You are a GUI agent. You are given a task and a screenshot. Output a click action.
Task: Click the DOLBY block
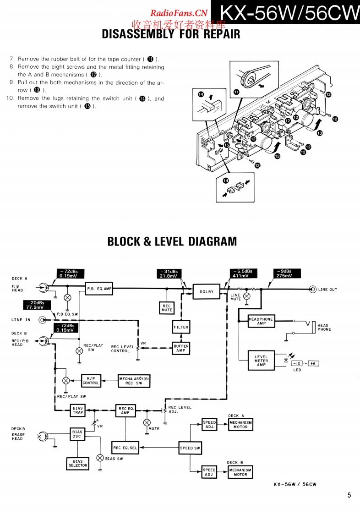pyautogui.click(x=207, y=292)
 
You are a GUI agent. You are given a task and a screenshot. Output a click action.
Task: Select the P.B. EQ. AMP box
pyautogui.click(x=99, y=289)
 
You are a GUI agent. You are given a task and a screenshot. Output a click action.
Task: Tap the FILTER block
pyautogui.click(x=181, y=327)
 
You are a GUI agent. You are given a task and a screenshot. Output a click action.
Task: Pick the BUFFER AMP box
pyautogui.click(x=181, y=348)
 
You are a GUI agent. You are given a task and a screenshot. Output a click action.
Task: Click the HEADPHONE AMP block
pyautogui.click(x=261, y=321)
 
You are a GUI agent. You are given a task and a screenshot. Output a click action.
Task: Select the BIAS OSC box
pyautogui.click(x=77, y=434)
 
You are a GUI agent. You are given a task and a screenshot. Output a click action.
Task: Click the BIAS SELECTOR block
pyautogui.click(x=77, y=464)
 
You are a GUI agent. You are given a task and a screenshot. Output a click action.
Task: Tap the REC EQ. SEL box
pyautogui.click(x=125, y=448)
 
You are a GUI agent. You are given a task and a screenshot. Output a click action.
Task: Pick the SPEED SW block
pyautogui.click(x=190, y=448)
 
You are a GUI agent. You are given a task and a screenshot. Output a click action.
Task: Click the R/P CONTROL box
pyautogui.click(x=91, y=381)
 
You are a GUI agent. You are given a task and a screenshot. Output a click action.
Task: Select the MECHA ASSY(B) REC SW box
pyautogui.click(x=134, y=381)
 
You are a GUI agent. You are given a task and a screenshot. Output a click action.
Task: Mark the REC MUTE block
pyautogui.click(x=167, y=308)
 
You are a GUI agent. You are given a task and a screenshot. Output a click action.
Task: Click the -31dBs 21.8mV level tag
pyautogui.click(x=169, y=273)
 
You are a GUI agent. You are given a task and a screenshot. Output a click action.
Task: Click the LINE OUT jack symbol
pyautogui.click(x=312, y=289)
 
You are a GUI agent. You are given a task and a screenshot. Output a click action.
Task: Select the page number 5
pyautogui.click(x=349, y=495)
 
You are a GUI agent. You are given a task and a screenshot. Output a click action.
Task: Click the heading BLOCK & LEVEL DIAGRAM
pyautogui.click(x=172, y=241)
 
